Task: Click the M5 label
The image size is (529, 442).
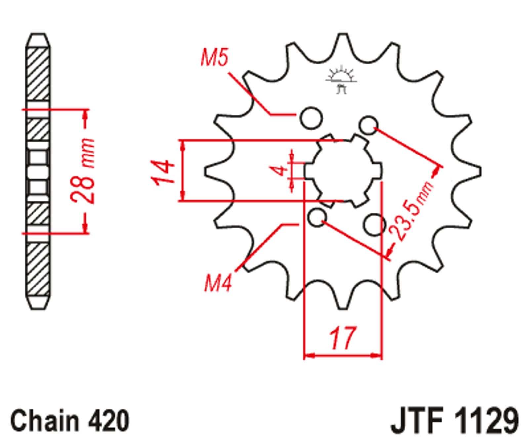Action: click(215, 58)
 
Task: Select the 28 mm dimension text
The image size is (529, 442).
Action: click(82, 171)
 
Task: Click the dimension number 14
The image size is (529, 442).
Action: click(163, 171)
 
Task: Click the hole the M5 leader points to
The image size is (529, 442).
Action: click(311, 117)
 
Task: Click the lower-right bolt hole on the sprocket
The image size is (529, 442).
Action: click(374, 225)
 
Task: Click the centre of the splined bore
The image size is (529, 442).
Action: click(343, 171)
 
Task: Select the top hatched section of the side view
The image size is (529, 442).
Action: click(38, 74)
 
